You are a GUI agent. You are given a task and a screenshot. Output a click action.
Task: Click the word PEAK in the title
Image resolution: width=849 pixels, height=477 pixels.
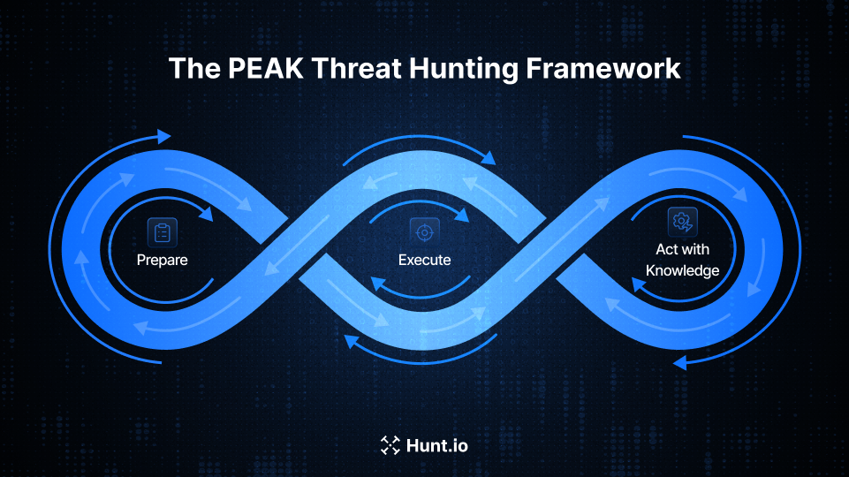click(x=251, y=69)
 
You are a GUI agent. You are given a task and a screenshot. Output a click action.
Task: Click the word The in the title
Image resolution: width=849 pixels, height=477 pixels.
click(x=189, y=69)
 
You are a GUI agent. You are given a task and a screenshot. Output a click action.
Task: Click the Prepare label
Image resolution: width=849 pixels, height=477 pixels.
click(x=163, y=261)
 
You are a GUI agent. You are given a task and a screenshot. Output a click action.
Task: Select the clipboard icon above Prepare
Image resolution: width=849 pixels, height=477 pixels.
click(x=163, y=232)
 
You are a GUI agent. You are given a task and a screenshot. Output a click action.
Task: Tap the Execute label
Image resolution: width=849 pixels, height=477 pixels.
click(x=424, y=261)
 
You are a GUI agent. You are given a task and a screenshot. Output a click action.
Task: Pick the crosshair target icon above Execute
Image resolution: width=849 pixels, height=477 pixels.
click(x=424, y=232)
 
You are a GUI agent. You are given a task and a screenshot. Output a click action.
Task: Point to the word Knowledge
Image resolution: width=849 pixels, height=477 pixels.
click(x=682, y=270)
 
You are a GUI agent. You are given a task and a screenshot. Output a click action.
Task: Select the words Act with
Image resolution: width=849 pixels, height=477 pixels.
click(x=682, y=250)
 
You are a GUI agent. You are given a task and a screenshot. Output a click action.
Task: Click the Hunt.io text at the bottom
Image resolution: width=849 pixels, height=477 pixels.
click(x=436, y=445)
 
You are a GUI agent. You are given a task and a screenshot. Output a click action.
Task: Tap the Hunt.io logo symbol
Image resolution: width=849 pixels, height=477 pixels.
click(x=390, y=445)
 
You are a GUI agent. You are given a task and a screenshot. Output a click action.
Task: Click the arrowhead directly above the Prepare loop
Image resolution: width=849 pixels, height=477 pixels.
click(x=163, y=136)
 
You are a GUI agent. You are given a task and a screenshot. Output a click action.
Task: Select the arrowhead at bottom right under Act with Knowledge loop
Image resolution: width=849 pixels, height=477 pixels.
click(x=679, y=363)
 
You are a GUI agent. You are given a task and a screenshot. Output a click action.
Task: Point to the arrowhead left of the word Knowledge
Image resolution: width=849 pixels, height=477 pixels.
click(x=637, y=284)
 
